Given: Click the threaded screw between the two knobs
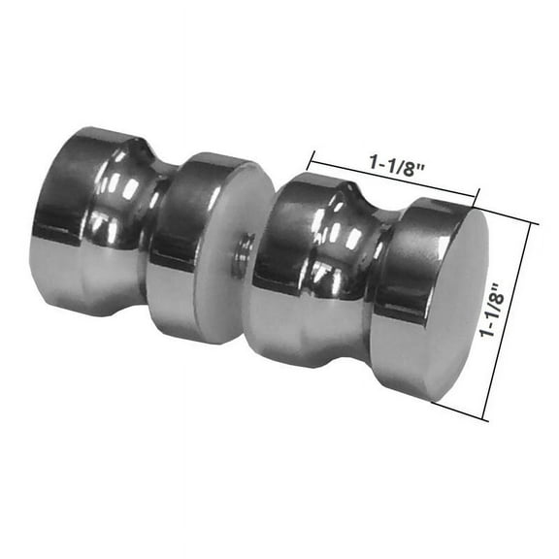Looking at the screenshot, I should (244, 254).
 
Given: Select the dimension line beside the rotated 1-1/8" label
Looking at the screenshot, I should (512, 320).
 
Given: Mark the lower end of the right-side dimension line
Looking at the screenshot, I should (484, 419).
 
